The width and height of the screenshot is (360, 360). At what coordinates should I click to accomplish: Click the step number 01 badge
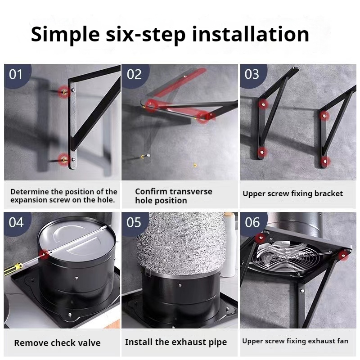pyautogui.click(x=17, y=75)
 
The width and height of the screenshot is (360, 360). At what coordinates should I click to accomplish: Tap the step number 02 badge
pyautogui.click(x=135, y=75)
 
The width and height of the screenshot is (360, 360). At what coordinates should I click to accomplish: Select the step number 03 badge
pyautogui.click(x=252, y=75)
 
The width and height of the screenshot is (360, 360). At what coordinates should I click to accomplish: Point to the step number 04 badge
pyautogui.click(x=17, y=223)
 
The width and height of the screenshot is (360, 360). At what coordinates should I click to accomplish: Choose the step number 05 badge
pyautogui.click(x=135, y=223)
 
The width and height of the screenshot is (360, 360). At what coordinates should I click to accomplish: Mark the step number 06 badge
pyautogui.click(x=252, y=223)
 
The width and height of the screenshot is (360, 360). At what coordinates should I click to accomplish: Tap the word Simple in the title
pyautogui.click(x=65, y=36)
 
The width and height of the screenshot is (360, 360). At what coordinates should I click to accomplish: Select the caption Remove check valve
pyautogui.click(x=58, y=343)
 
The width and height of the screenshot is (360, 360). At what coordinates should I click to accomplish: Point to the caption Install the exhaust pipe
pyautogui.click(x=176, y=342)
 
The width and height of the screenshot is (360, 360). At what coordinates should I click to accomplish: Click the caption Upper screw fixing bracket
pyautogui.click(x=293, y=193)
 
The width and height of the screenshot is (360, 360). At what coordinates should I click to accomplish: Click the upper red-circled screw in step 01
pyautogui.click(x=64, y=92)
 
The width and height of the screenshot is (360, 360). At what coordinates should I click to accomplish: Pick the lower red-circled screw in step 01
pyautogui.click(x=64, y=159)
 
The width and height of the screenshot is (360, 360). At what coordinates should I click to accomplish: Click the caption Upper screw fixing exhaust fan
pyautogui.click(x=295, y=341)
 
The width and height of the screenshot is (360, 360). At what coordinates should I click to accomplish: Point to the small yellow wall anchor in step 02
pyautogui.click(x=195, y=165)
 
